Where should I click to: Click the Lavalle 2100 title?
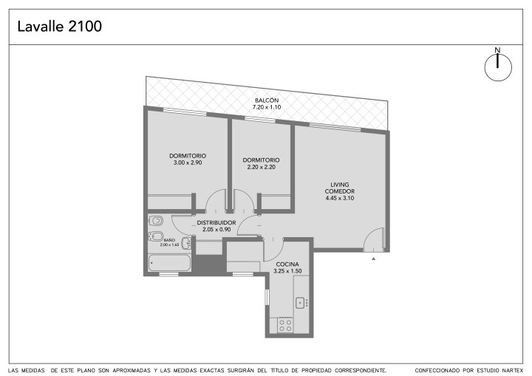(x=59, y=27)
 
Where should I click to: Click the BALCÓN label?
(x=267, y=100)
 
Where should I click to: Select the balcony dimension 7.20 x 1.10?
(x=267, y=107)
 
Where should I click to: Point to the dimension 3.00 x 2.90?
(x=188, y=163)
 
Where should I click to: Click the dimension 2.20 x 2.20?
(x=262, y=167)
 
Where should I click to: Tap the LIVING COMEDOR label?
(x=340, y=188)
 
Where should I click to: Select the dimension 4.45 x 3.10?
(x=340, y=198)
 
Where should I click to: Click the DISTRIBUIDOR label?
(x=216, y=223)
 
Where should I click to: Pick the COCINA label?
(x=287, y=264)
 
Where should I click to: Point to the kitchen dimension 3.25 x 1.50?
(x=287, y=271)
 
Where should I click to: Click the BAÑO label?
(x=169, y=240)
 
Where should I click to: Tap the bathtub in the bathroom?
(x=169, y=263)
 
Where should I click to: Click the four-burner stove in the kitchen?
(x=285, y=325)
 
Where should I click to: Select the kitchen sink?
(x=300, y=303)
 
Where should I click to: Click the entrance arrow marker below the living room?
(x=374, y=259)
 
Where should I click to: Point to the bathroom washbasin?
(x=185, y=243)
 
